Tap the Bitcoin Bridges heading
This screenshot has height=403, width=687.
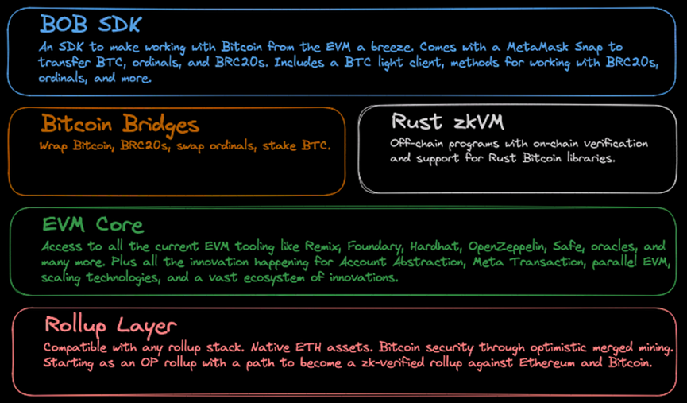click(x=120, y=124)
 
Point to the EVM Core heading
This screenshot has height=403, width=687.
click(x=92, y=225)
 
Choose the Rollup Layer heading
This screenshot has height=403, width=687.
click(x=110, y=325)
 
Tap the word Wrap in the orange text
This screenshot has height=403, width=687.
click(x=53, y=146)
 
